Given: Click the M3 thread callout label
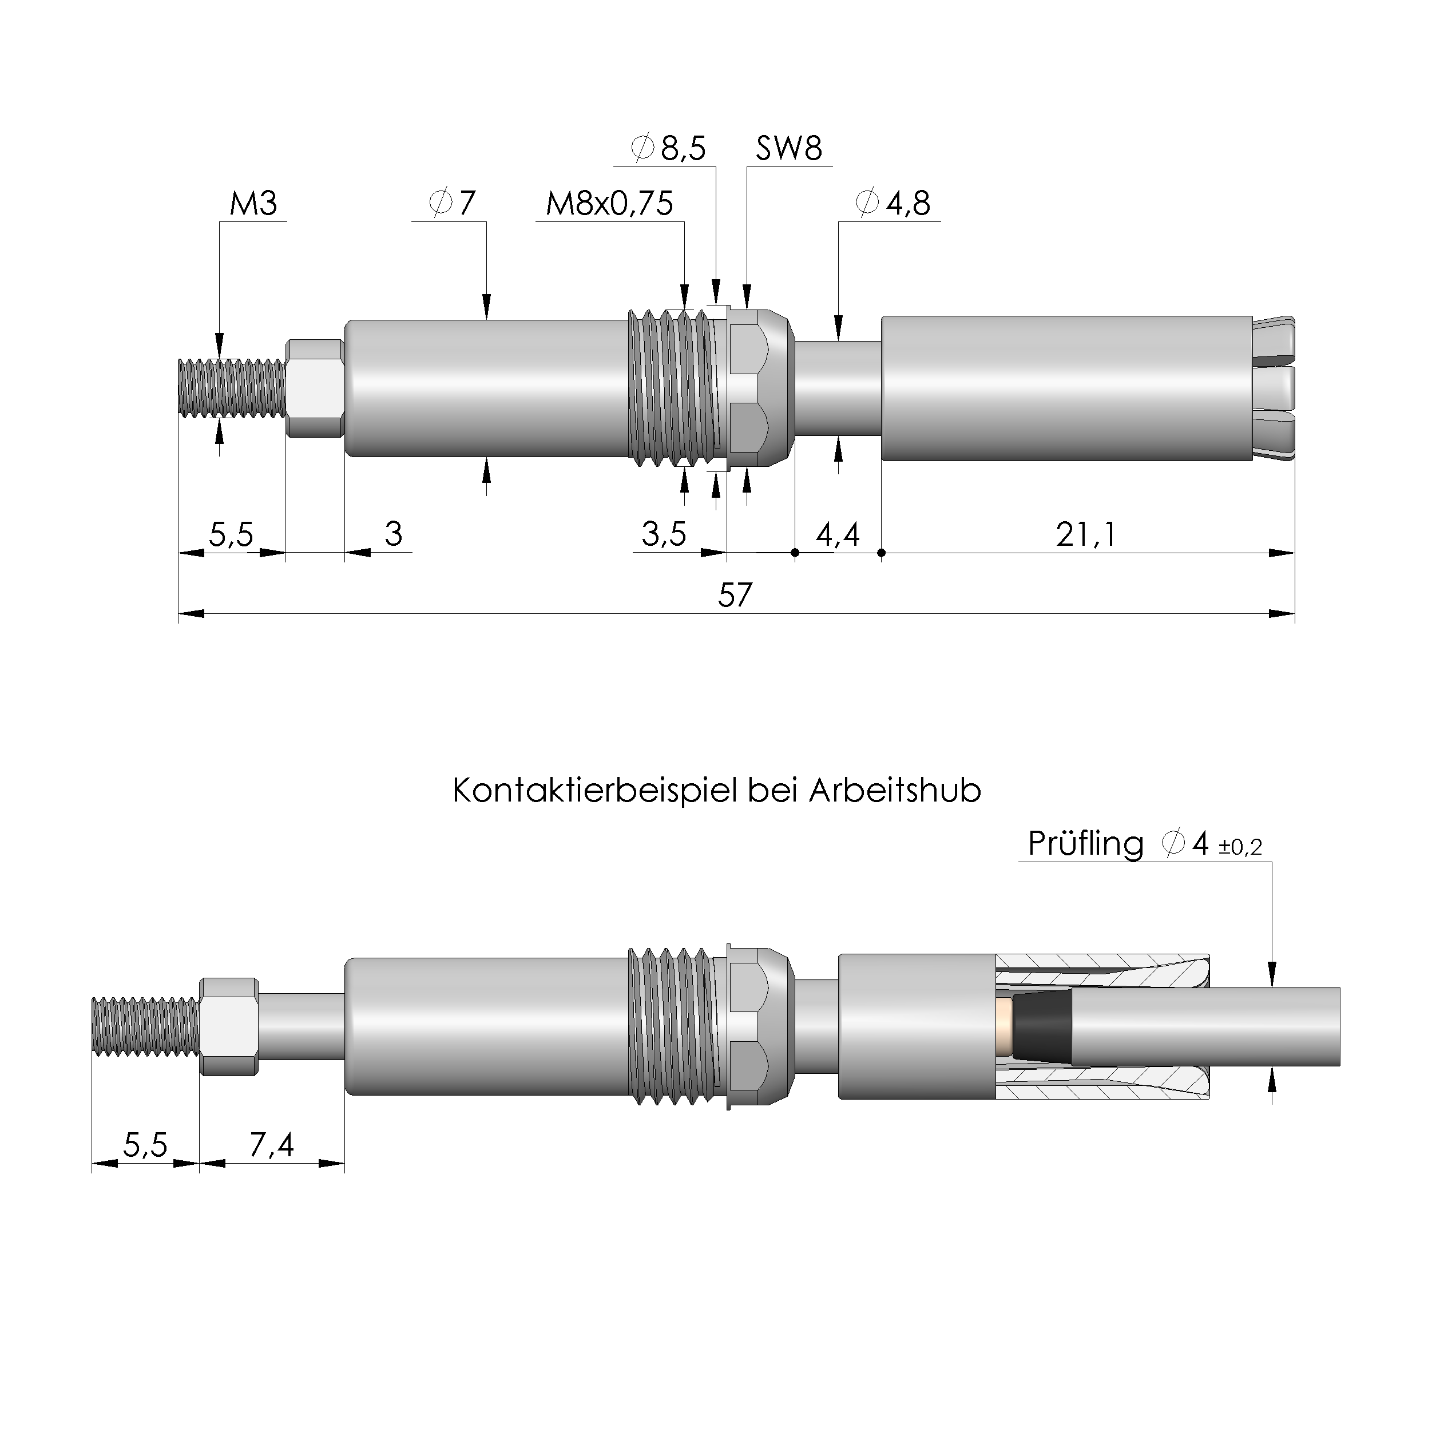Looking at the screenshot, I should click(253, 203).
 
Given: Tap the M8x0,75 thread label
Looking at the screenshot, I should click(609, 203).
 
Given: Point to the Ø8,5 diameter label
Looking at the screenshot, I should click(669, 148).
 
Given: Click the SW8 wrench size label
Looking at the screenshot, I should click(788, 148).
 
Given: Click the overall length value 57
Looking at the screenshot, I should click(735, 595).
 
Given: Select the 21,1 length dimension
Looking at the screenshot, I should click(1086, 534).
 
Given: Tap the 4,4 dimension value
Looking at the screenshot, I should click(838, 534).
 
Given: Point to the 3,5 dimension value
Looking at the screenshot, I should click(664, 534).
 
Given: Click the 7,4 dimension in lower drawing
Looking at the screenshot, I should click(271, 1145).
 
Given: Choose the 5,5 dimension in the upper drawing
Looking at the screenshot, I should click(231, 534).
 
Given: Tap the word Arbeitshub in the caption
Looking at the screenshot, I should click(895, 791).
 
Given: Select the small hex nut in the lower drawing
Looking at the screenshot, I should click(229, 1026).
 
